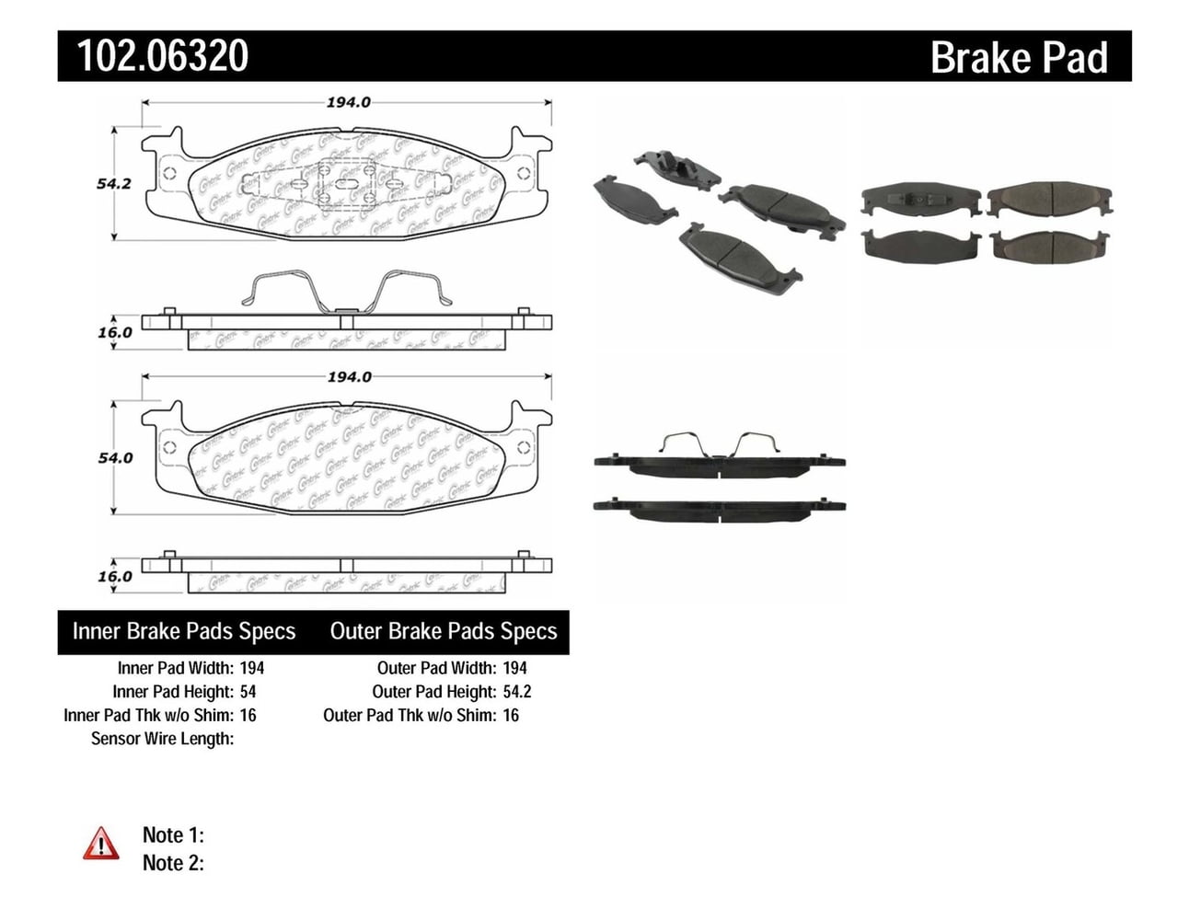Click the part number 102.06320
point(163,56)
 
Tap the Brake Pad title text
point(1018,58)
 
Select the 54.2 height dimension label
point(114,183)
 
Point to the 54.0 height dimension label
point(115,457)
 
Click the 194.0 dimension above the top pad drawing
point(348,102)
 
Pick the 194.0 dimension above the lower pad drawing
point(349,376)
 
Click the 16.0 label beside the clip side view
point(115,332)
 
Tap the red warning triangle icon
point(100,844)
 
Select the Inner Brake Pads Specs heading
point(184,631)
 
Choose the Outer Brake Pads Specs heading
point(444,631)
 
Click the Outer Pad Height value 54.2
point(517,692)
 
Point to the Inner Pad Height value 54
point(248,692)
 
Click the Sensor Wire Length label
point(162,739)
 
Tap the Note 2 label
point(173,863)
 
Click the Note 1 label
point(173,835)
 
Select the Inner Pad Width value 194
point(251,668)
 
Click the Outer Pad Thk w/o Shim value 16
point(511,715)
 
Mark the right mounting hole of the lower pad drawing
point(524,448)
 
